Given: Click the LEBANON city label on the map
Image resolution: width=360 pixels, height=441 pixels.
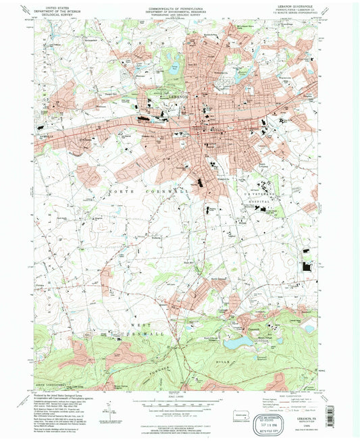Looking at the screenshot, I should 178,97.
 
